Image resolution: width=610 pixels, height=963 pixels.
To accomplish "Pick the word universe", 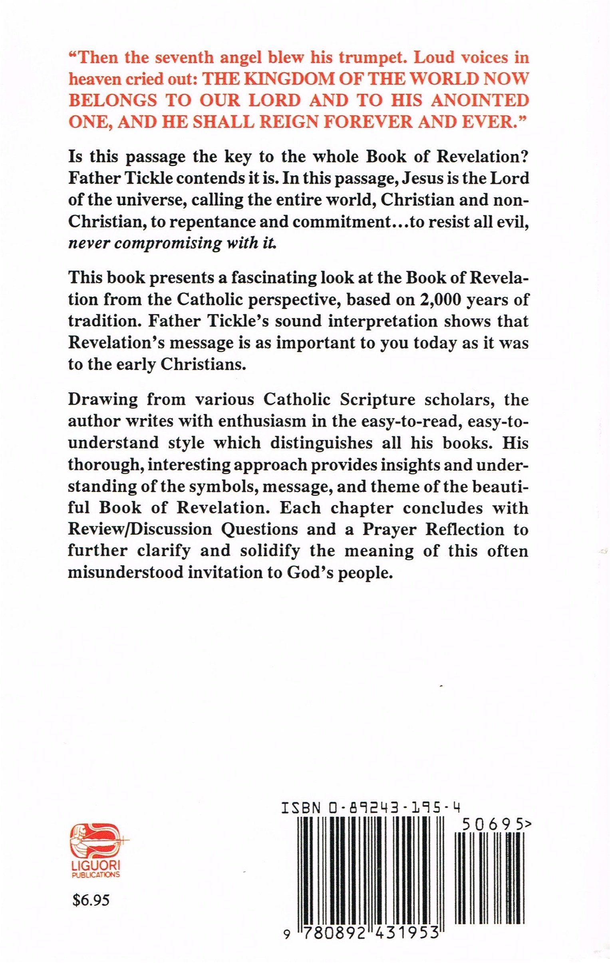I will click(148, 199).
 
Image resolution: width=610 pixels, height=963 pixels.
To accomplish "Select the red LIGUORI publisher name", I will click(95, 830).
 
